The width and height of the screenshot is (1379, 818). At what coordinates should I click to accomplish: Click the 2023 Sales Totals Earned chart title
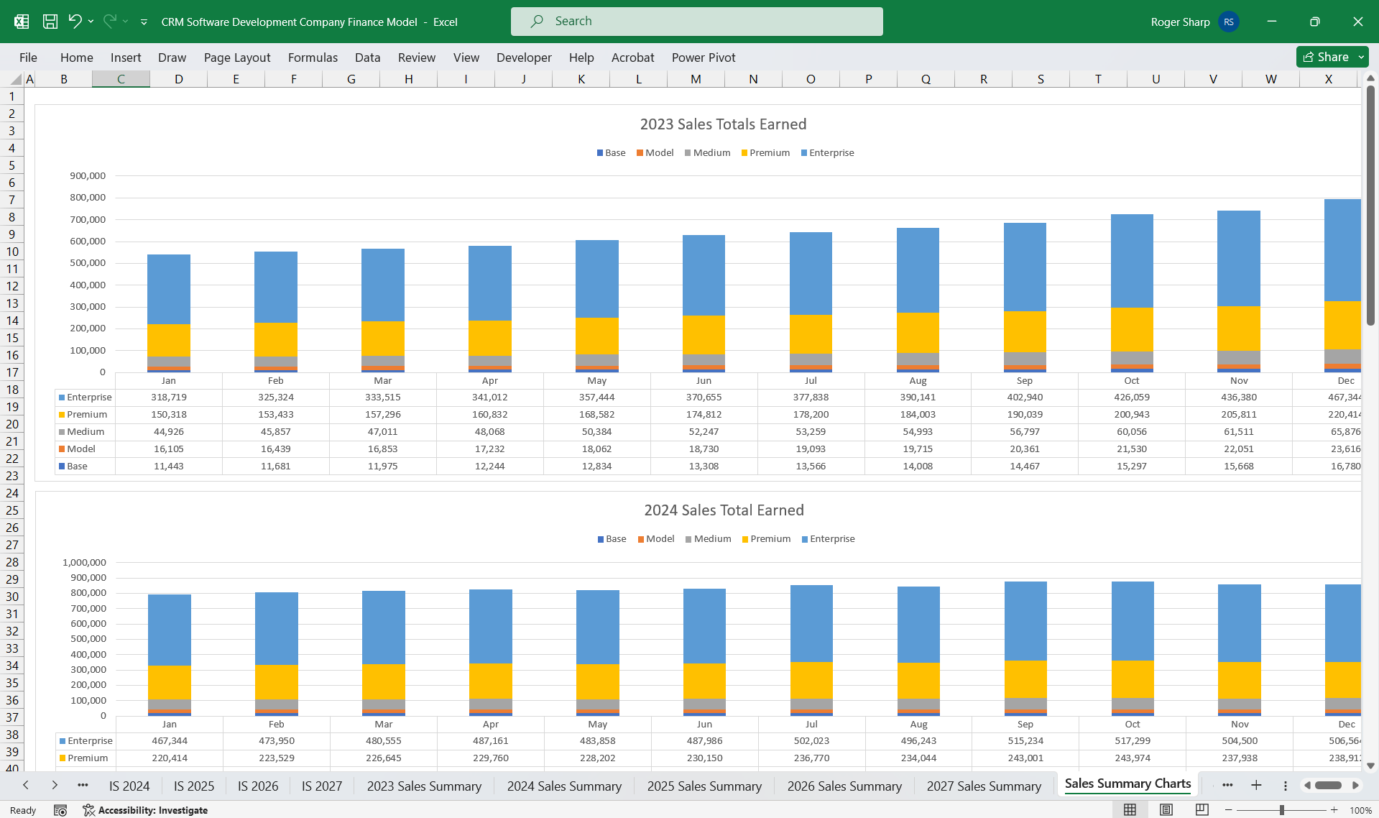(723, 124)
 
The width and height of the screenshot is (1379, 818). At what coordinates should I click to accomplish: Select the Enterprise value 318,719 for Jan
(169, 397)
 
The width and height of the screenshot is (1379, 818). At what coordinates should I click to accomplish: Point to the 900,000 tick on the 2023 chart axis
(88, 175)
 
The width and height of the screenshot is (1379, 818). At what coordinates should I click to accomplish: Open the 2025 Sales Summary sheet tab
(704, 786)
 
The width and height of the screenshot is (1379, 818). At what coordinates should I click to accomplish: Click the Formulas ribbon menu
(313, 58)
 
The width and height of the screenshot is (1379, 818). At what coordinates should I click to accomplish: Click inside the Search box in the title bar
(696, 22)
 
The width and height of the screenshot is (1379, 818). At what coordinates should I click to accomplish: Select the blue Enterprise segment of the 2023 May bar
(596, 278)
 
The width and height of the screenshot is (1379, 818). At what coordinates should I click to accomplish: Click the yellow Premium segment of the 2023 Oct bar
(1132, 329)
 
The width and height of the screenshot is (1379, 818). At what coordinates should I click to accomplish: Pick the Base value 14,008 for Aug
(918, 466)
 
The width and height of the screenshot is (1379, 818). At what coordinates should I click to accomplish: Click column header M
(696, 79)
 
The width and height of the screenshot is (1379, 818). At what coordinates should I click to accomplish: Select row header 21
(12, 441)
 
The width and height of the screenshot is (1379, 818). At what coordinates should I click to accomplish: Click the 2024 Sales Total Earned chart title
(724, 510)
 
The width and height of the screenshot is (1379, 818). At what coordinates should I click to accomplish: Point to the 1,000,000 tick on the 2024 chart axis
(84, 562)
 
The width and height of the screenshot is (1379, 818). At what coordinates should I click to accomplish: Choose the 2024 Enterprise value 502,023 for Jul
(811, 740)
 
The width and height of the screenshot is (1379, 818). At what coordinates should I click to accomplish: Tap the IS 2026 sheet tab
(258, 786)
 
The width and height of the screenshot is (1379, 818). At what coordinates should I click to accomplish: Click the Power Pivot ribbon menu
(703, 58)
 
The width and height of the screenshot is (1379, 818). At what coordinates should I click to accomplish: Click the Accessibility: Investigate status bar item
(145, 810)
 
